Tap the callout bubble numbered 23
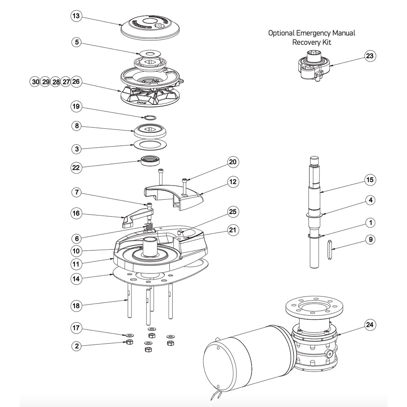[370, 56]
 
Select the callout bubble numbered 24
[370, 325]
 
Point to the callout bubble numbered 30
[35, 82]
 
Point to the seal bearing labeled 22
[151, 161]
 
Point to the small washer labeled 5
[149, 53]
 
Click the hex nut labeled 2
[127, 342]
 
